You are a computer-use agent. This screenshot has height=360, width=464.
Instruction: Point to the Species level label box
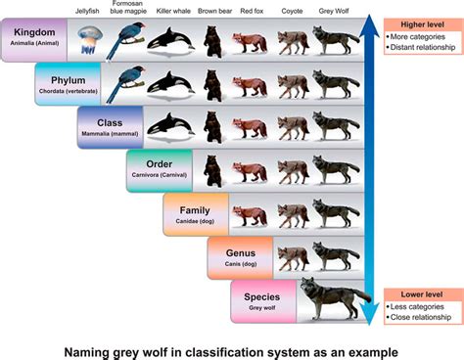pos(262,299)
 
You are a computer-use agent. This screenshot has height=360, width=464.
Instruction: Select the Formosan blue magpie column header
pos(128,8)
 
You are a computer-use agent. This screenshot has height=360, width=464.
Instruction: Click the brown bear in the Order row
pos(212,168)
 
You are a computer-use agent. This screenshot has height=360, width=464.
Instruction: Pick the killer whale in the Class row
pos(170,125)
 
